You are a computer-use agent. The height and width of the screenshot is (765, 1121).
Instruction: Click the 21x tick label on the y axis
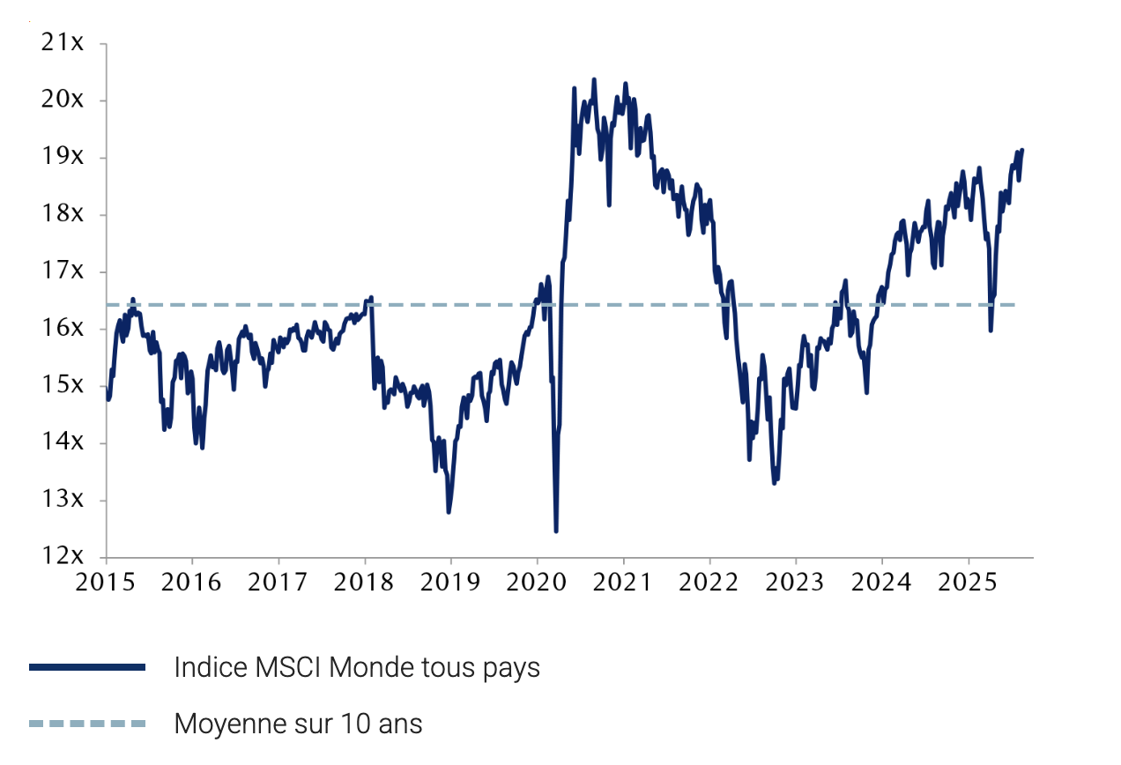[x=63, y=42]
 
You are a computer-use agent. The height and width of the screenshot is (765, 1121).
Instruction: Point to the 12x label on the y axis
[x=63, y=556]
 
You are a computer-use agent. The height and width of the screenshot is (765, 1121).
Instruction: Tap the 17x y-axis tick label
[x=63, y=271]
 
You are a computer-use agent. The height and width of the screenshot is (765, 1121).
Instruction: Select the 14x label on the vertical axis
[x=63, y=442]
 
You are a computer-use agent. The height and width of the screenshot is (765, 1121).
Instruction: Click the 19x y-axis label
[x=63, y=157]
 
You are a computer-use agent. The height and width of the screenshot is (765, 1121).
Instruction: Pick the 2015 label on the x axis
[x=105, y=583]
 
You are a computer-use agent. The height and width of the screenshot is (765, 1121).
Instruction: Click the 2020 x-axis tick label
[x=537, y=583]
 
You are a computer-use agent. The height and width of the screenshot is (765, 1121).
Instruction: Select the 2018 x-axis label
[x=364, y=583]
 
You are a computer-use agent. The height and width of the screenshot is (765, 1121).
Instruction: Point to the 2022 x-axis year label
[x=709, y=583]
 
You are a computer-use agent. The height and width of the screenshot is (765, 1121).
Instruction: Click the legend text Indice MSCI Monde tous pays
[x=357, y=668]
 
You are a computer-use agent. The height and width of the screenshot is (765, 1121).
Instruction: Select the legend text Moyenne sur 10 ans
[x=298, y=724]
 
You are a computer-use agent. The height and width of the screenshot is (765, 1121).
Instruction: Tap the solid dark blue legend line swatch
[x=86, y=668]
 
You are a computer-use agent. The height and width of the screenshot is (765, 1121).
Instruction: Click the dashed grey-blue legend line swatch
[x=86, y=724]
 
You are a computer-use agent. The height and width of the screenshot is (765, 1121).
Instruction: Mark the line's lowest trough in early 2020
[x=556, y=531]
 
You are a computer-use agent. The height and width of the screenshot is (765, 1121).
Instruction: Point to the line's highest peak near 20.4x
[x=594, y=79]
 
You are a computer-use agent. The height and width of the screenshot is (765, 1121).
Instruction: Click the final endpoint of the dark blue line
[x=1022, y=150]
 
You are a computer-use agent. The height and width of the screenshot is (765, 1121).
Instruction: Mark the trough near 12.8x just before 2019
[x=449, y=512]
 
